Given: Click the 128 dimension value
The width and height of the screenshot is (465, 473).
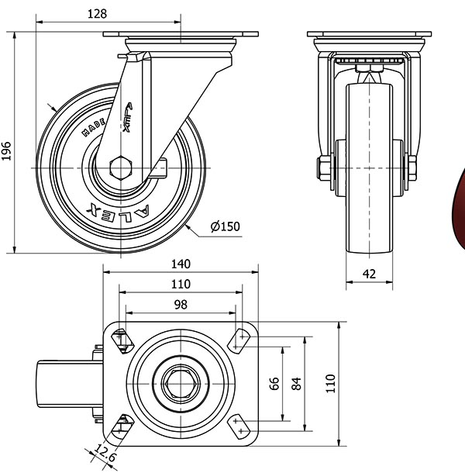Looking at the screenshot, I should (97, 13).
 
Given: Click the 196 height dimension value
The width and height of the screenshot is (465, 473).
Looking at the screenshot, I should (6, 150).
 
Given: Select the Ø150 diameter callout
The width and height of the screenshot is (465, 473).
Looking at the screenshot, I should (226, 227).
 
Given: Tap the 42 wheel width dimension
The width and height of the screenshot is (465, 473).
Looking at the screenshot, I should (369, 273).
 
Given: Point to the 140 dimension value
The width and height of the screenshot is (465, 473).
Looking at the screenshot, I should (181, 264).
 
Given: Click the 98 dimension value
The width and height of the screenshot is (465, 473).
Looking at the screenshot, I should (181, 305).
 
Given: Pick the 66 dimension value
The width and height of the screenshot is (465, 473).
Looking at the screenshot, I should (274, 383).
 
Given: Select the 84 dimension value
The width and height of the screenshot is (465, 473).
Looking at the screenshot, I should (295, 383).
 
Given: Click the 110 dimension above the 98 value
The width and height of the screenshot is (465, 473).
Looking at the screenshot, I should (181, 285).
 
